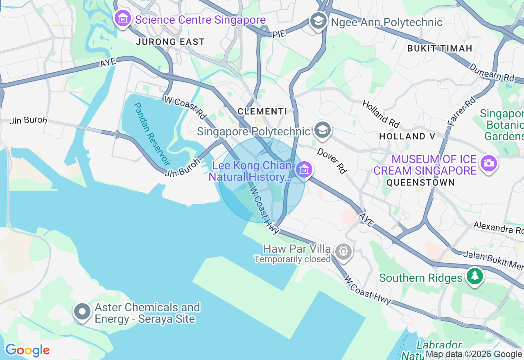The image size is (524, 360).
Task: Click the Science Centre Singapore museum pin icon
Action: click(122, 18)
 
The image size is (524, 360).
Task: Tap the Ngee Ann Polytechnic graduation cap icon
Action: click(318, 20)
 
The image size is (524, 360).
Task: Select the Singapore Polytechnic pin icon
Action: click(323, 130)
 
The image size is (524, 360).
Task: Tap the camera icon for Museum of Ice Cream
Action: click(489, 163)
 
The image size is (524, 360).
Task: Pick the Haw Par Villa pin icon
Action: click(343, 251)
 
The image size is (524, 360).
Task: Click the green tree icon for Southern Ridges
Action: click(475, 276)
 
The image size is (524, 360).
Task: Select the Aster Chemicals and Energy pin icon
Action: click(82, 312)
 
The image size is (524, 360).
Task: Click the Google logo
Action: click(27, 351)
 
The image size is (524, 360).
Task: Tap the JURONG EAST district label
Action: click(170, 42)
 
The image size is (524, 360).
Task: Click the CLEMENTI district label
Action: click(262, 111)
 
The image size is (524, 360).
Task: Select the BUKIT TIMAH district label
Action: click(440, 48)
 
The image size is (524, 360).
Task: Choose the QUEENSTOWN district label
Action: click(420, 182)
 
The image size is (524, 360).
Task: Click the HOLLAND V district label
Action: click(408, 136)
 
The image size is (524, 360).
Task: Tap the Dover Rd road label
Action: click(332, 161)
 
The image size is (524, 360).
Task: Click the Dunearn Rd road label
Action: click(491, 72)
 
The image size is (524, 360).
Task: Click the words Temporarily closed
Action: click(292, 259)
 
